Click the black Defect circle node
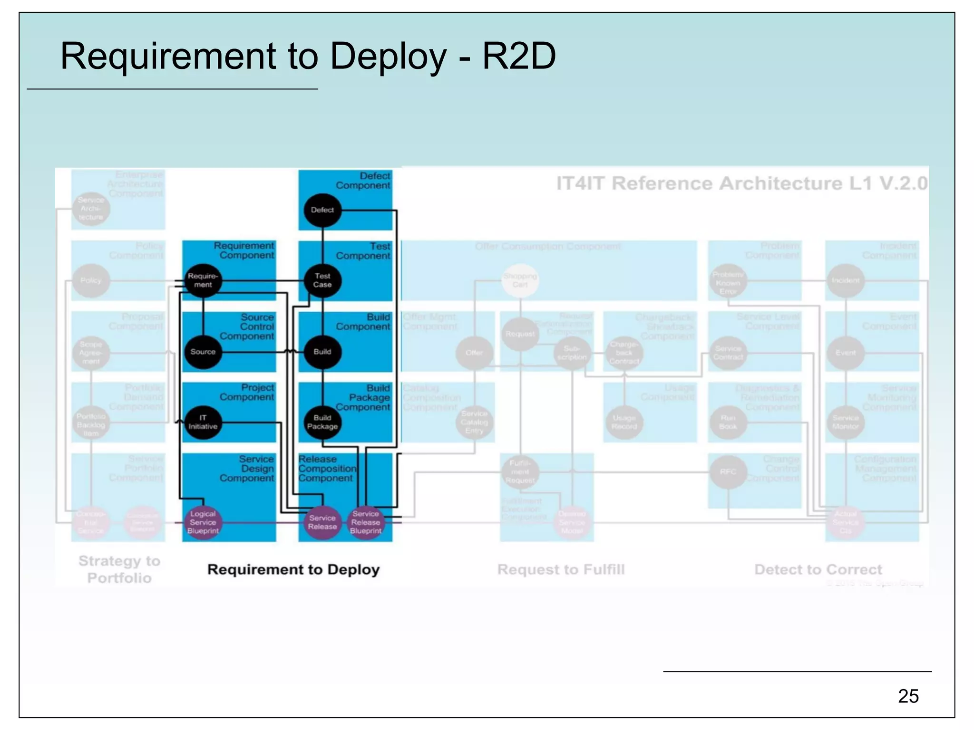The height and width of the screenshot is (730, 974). click(x=322, y=210)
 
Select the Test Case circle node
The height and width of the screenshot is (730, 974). click(x=322, y=280)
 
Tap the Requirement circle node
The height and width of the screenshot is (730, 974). click(x=203, y=280)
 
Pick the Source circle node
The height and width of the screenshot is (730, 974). click(x=203, y=352)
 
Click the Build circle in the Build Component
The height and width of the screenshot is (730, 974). click(x=322, y=352)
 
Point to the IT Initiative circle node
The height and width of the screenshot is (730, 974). click(x=203, y=422)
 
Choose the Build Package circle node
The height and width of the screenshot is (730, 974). click(x=322, y=422)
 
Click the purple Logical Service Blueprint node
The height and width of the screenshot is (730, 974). click(x=203, y=522)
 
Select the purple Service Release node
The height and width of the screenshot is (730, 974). click(x=322, y=522)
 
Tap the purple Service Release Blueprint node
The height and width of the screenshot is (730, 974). click(x=366, y=522)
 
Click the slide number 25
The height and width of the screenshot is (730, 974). click(x=908, y=696)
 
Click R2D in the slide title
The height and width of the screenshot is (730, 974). click(x=519, y=57)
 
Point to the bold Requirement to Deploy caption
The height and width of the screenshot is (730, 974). click(x=293, y=569)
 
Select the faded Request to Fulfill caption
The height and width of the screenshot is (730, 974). click(x=561, y=569)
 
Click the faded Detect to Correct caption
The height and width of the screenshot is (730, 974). click(x=818, y=569)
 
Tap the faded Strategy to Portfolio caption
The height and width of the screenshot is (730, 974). click(x=119, y=569)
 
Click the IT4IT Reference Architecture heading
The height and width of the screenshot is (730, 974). click(x=741, y=183)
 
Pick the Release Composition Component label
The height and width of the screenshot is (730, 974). click(x=327, y=469)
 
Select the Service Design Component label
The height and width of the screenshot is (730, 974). click(x=247, y=469)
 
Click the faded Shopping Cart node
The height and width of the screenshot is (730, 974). click(x=520, y=280)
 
